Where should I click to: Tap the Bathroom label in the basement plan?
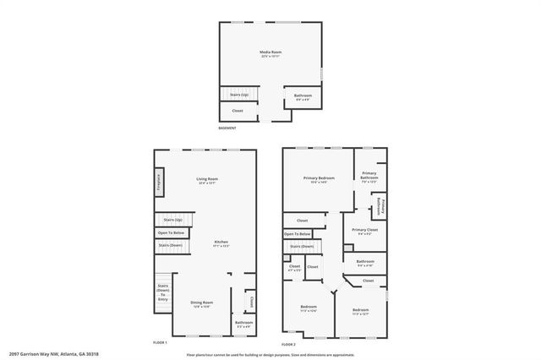(x=303, y=97)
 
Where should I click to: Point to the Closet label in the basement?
(x=238, y=111)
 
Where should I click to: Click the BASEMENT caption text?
(x=227, y=128)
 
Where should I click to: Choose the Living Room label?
(x=207, y=179)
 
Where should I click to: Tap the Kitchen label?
(x=221, y=243)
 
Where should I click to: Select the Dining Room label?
(x=201, y=303)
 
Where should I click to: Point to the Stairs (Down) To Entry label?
(x=163, y=292)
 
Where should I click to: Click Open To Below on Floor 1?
(x=171, y=232)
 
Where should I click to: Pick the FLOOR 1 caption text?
(x=160, y=343)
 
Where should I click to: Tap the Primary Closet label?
(x=365, y=231)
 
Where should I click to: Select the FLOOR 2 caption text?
(x=288, y=343)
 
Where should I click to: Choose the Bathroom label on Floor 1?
(x=244, y=324)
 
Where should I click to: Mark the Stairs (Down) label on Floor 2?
(x=302, y=246)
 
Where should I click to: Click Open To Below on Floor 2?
(x=298, y=233)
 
